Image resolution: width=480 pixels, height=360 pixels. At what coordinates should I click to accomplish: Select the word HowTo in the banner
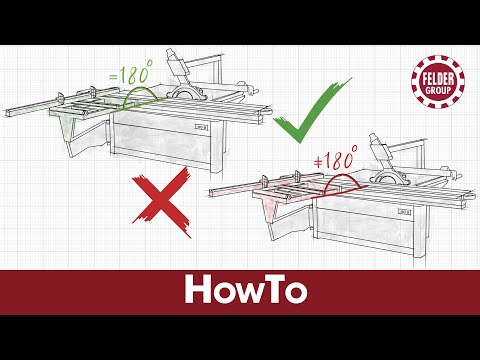click(239, 290)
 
